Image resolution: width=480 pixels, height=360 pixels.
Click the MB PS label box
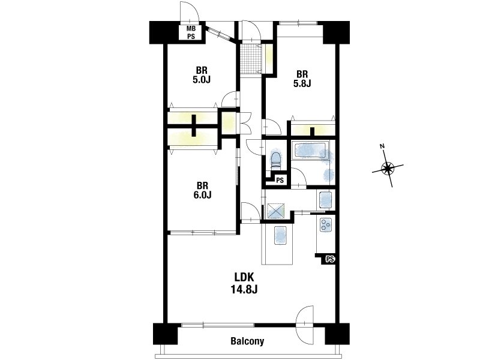tap(191, 32)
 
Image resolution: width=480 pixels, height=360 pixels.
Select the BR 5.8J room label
tap(302, 79)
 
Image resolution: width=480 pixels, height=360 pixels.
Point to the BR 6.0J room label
tap(202, 190)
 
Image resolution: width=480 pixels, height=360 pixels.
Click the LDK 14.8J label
tap(244, 283)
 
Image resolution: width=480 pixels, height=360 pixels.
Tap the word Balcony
tap(247, 341)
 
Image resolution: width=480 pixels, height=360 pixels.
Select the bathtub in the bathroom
tap(311, 151)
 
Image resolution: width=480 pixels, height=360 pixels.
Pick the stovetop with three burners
tap(325, 224)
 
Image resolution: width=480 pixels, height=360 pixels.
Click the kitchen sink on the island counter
tap(280, 235)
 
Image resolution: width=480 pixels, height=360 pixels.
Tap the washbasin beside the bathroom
tap(325, 199)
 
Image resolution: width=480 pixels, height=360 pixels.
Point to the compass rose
tap(388, 167)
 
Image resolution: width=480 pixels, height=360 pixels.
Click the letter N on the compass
tap(382, 146)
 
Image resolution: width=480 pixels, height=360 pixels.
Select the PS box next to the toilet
tap(280, 181)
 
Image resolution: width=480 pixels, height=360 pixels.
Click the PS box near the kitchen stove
tap(329, 259)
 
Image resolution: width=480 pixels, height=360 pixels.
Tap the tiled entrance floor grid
tap(250, 59)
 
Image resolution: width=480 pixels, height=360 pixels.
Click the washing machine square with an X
tap(276, 211)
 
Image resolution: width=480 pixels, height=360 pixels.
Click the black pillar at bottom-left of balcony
tap(166, 334)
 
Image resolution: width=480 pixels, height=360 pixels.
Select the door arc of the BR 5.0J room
tap(229, 99)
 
